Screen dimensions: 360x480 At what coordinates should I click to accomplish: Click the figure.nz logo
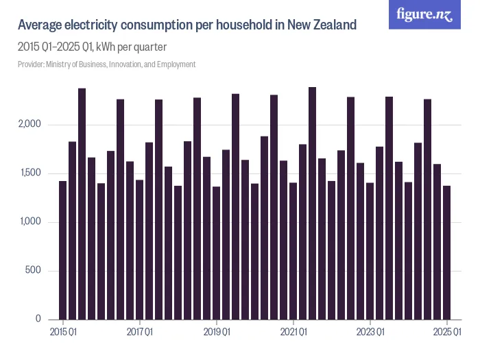[425, 15]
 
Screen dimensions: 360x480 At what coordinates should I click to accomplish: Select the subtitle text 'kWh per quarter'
[132, 47]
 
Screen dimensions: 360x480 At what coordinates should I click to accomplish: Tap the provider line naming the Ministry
[106, 64]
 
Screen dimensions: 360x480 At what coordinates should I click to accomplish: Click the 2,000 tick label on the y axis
[30, 125]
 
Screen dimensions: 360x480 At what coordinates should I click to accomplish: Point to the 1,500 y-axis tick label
[30, 173]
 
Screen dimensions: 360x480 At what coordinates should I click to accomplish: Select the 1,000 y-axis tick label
[30, 222]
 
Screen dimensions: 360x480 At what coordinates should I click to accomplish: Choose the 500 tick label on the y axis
[34, 271]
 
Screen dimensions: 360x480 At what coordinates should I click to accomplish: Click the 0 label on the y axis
[39, 320]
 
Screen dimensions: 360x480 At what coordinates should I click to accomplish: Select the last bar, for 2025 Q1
[446, 252]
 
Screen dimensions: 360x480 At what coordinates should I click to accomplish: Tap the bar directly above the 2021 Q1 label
[293, 251]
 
